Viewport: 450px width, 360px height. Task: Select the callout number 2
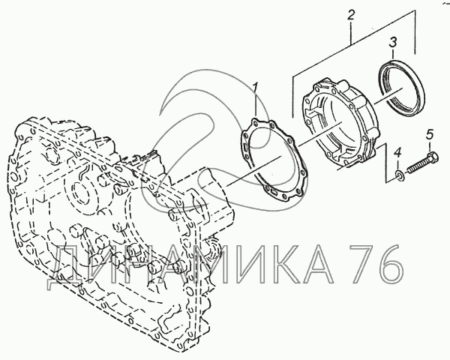point(351,15)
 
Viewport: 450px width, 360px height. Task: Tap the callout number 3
point(393,42)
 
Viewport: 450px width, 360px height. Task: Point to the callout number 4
point(397,153)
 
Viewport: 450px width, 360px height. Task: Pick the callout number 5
point(430,134)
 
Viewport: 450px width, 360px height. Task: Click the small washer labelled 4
point(400,175)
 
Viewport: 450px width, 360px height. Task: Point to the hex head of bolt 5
point(432,158)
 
